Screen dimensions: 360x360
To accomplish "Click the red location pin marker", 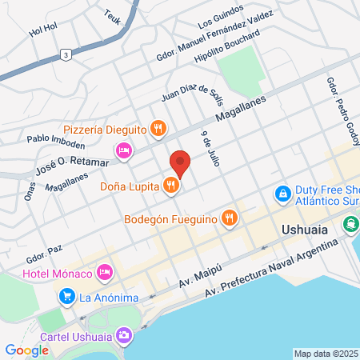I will tap(180, 163).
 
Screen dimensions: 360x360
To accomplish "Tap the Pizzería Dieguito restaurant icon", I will tap(159, 127).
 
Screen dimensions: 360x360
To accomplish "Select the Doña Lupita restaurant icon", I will tap(170, 186).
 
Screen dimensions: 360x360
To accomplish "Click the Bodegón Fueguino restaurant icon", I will tap(230, 216).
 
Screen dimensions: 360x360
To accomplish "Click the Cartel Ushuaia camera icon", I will tap(123, 334).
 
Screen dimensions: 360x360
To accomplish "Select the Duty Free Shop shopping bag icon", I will tap(282, 193).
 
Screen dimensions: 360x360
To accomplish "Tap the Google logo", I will tap(26, 350).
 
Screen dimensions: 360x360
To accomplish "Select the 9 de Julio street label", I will tap(210, 148).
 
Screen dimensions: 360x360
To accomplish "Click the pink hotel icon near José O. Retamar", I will tap(123, 150).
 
